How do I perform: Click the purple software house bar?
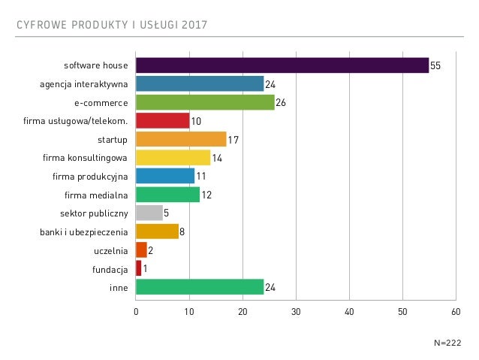pyautogui.click(x=282, y=65)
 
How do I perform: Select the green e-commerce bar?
pyautogui.click(x=205, y=102)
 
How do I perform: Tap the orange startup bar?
pyautogui.click(x=181, y=139)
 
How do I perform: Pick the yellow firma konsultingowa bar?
pyautogui.click(x=173, y=157)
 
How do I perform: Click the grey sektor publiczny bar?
pyautogui.click(x=149, y=213)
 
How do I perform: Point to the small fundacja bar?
pyautogui.click(x=139, y=268)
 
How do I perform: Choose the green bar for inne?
pyautogui.click(x=200, y=286)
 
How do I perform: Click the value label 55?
pyautogui.click(x=435, y=66)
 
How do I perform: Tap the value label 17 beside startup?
pyautogui.click(x=233, y=139)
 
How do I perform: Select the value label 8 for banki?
pyautogui.click(x=182, y=231)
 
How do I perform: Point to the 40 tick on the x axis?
pyautogui.click(x=349, y=311)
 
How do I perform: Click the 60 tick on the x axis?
pyautogui.click(x=456, y=311)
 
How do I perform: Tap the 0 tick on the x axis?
pyautogui.click(x=136, y=311)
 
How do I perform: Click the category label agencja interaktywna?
pyautogui.click(x=83, y=83)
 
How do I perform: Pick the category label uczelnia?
pyautogui.click(x=111, y=250)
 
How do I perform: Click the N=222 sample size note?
pyautogui.click(x=447, y=342)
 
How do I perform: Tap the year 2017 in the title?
pyautogui.click(x=194, y=27)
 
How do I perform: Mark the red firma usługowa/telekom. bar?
pyautogui.click(x=162, y=120)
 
